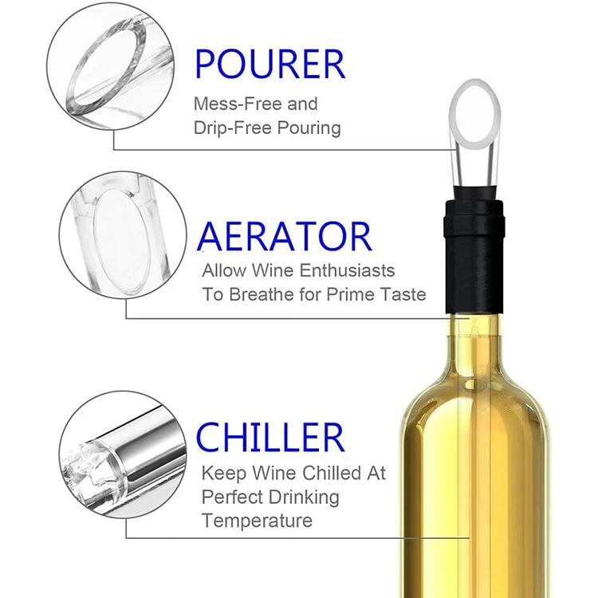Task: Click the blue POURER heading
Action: coord(270,64)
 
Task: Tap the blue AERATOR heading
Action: coord(285,237)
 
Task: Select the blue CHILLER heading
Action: coord(270,437)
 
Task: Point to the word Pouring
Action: coord(309,128)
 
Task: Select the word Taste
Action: coord(403,294)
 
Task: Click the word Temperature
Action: coord(257,520)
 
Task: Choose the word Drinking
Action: coord(304,498)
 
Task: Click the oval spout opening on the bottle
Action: coord(475,114)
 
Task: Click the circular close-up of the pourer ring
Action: coord(111,65)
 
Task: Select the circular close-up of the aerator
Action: coord(123,235)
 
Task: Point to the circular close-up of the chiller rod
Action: coord(123,454)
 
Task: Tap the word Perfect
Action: coord(232,498)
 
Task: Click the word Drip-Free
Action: coord(233,128)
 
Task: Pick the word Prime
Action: coord(351,294)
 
